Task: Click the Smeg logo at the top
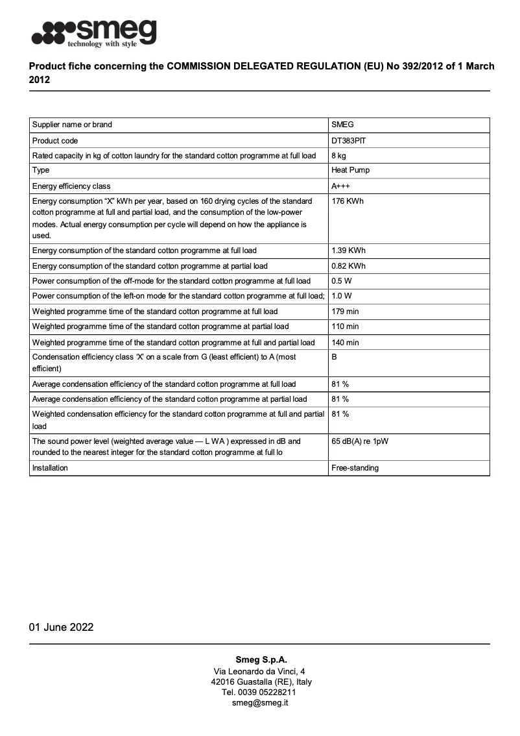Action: click(95, 32)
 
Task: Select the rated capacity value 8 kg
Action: click(338, 156)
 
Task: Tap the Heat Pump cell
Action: click(351, 171)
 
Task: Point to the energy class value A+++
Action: click(341, 186)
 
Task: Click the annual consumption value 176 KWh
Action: click(348, 201)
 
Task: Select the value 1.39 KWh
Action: click(348, 251)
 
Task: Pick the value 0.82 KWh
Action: click(348, 266)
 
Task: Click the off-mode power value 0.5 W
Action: click(341, 281)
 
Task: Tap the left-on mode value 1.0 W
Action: click(341, 296)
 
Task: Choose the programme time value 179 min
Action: click(345, 312)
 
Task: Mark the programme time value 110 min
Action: click(345, 326)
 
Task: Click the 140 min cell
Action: click(345, 342)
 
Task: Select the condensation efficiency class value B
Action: click(335, 357)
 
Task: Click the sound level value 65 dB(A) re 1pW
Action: click(360, 441)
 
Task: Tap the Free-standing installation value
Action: click(355, 468)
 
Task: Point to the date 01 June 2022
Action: click(61, 627)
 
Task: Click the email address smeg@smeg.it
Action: click(259, 703)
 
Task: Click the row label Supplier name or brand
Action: click(72, 125)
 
